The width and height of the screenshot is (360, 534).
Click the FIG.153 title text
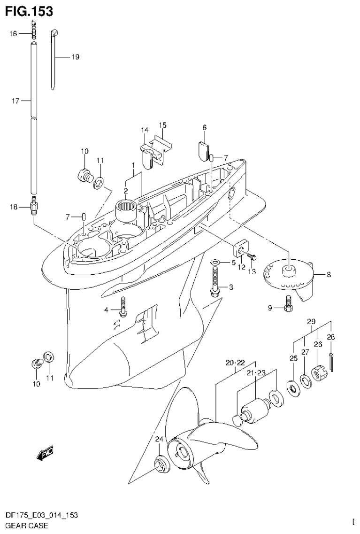29,11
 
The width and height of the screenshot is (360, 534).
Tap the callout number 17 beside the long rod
15,100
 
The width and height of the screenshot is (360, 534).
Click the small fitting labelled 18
33,206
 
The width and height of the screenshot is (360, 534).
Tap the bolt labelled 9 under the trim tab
289,308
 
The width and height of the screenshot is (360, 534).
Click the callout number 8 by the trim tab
329,275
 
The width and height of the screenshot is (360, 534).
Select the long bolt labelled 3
215,282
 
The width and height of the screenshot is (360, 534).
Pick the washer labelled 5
215,262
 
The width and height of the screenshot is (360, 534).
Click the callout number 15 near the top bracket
162,125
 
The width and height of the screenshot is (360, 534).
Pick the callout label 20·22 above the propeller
235,363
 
